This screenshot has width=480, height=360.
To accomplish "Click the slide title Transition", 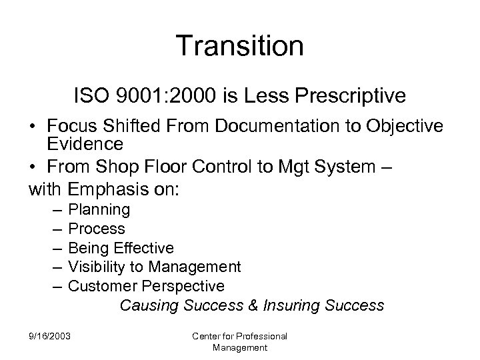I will [x=240, y=47].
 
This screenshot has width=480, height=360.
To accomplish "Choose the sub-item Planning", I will [x=99, y=209].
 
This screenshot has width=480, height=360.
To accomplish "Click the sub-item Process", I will [x=97, y=229].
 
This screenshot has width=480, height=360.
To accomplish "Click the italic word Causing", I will [x=149, y=306].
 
